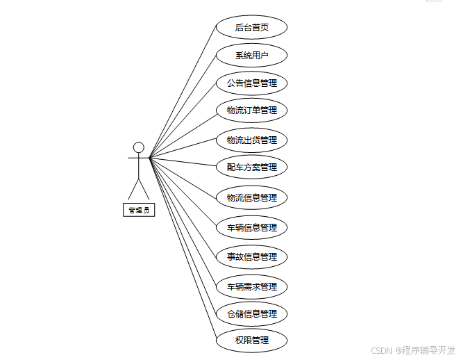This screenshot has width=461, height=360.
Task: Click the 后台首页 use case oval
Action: [251, 28]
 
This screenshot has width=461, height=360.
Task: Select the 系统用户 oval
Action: [251, 56]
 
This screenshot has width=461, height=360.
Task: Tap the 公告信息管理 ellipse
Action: [251, 83]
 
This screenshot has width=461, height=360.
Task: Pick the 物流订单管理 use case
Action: [251, 111]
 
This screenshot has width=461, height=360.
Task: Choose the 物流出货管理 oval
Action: [251, 140]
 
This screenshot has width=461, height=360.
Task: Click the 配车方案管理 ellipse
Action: [251, 167]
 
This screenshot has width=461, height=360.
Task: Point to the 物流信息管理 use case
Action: [251, 197]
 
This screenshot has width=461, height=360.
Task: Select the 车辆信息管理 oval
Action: [251, 227]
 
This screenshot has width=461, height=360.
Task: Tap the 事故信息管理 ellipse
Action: [251, 256]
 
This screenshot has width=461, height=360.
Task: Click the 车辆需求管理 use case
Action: [251, 286]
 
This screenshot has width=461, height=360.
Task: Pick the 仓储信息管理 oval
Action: [251, 313]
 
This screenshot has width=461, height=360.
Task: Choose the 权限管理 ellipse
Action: [251, 341]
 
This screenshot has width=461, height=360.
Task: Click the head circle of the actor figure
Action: [139, 147]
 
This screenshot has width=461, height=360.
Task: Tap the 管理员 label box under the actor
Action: [139, 210]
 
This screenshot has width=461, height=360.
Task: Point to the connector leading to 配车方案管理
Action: [183, 163]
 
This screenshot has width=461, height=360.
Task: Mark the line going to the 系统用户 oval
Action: [183, 106]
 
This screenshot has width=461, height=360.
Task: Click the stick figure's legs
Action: [139, 188]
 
